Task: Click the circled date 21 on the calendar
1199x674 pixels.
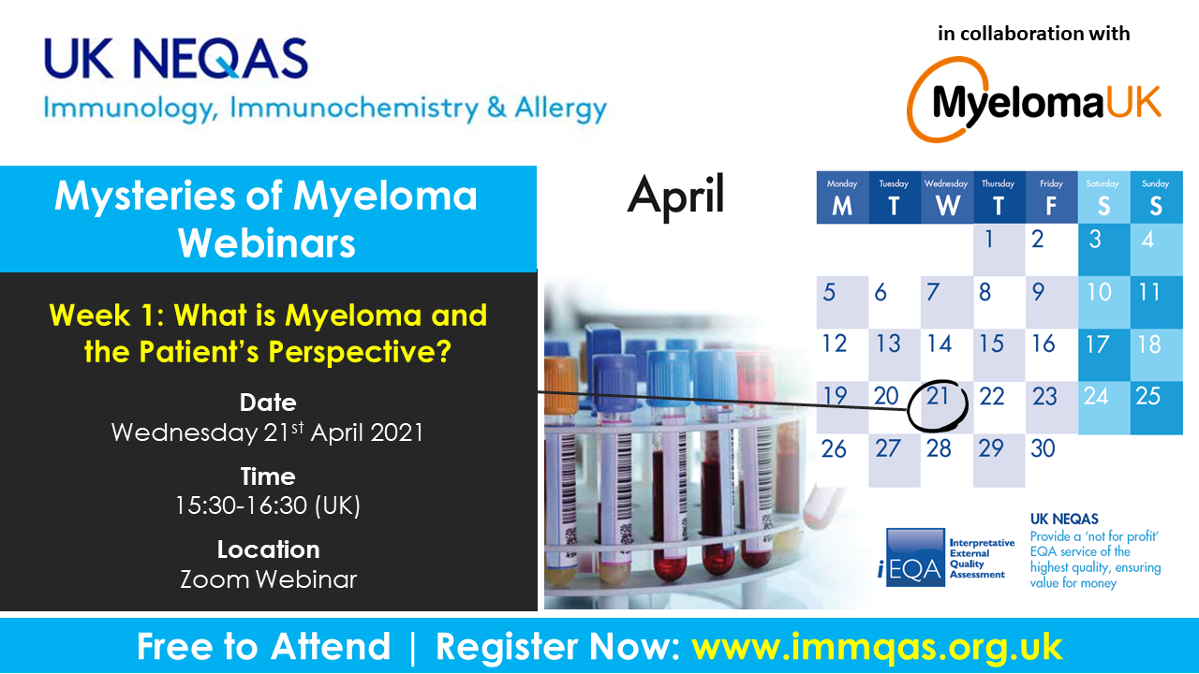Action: coord(938,396)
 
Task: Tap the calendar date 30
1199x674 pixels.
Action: coord(1043,448)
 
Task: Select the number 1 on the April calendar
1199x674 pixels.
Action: coord(989,239)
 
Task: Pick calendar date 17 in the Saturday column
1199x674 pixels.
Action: coord(1097,344)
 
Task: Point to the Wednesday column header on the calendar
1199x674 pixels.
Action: coord(947,198)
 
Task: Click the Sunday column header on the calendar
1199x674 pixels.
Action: coord(1156,198)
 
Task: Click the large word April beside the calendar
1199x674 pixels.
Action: coord(675,197)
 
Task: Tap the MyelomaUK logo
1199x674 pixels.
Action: coord(1033,99)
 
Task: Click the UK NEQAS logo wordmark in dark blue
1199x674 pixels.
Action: coord(176,58)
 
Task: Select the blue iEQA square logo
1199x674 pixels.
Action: coord(915,557)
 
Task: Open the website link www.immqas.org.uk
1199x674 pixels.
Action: coord(877,647)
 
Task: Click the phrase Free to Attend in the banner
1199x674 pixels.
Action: coord(263,646)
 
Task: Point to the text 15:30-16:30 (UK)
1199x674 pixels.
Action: coord(268,505)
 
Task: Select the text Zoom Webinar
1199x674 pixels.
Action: coord(268,579)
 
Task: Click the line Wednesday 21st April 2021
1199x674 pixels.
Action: coord(268,432)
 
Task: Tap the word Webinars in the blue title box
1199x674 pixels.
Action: coord(267,243)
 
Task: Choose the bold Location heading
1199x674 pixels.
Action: coord(268,549)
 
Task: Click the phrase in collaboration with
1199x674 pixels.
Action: coord(1033,33)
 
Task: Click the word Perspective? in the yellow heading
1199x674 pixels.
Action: coord(360,352)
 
